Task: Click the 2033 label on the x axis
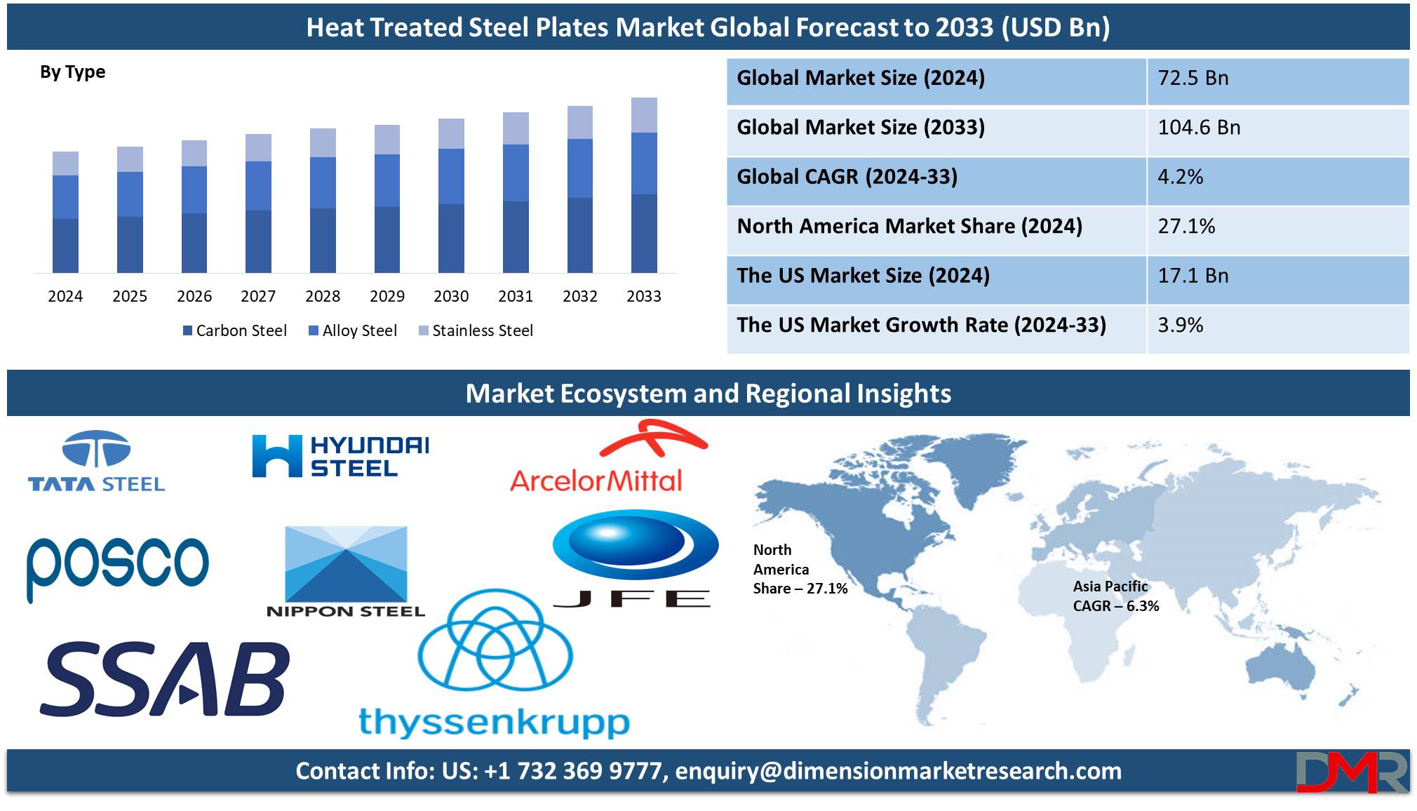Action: pos(644,296)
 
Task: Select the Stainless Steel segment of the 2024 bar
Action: pos(65,163)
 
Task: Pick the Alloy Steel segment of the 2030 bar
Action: pos(451,176)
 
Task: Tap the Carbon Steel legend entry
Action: pos(235,330)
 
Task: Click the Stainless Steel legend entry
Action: pos(476,330)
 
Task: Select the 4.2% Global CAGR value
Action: pos(1180,177)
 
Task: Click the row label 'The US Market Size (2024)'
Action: pos(863,276)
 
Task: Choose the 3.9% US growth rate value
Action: pos(1180,326)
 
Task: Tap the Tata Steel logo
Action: pos(96,461)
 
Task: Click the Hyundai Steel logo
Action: pos(340,456)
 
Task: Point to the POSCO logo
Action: pos(118,567)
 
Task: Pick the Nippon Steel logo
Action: pos(346,572)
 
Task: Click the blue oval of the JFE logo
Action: pos(636,544)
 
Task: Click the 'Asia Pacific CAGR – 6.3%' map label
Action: pos(1115,596)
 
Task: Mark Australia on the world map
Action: pos(1281,667)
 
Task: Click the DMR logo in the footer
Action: pos(1352,772)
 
